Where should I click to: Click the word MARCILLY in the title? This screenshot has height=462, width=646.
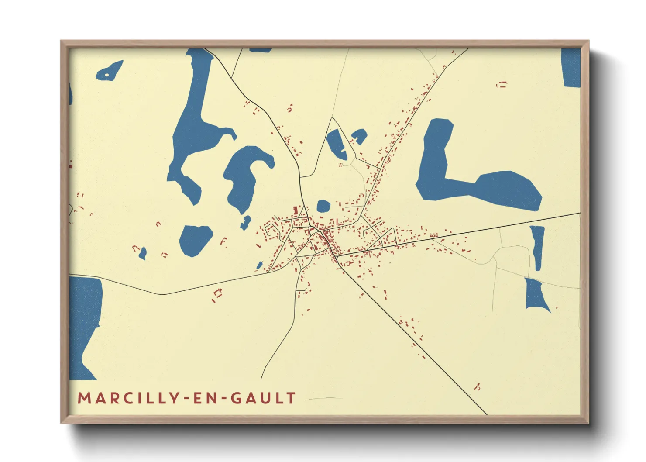pos(127,398)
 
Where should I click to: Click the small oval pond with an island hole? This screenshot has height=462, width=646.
pos(109,71)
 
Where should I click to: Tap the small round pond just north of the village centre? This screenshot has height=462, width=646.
pos(323,206)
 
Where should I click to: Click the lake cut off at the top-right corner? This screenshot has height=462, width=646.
pos(571,68)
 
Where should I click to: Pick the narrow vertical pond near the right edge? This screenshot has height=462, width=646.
pos(538,247)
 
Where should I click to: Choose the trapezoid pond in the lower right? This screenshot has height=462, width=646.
pos(536,295)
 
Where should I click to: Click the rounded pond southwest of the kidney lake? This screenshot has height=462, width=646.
pos(195,239)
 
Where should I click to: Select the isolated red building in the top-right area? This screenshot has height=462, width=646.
pos(502,84)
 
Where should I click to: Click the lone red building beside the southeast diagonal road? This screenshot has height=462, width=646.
pos(478,386)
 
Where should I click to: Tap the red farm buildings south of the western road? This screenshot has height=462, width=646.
pos(217,295)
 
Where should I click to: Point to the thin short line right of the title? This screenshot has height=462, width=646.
pos(323,399)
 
